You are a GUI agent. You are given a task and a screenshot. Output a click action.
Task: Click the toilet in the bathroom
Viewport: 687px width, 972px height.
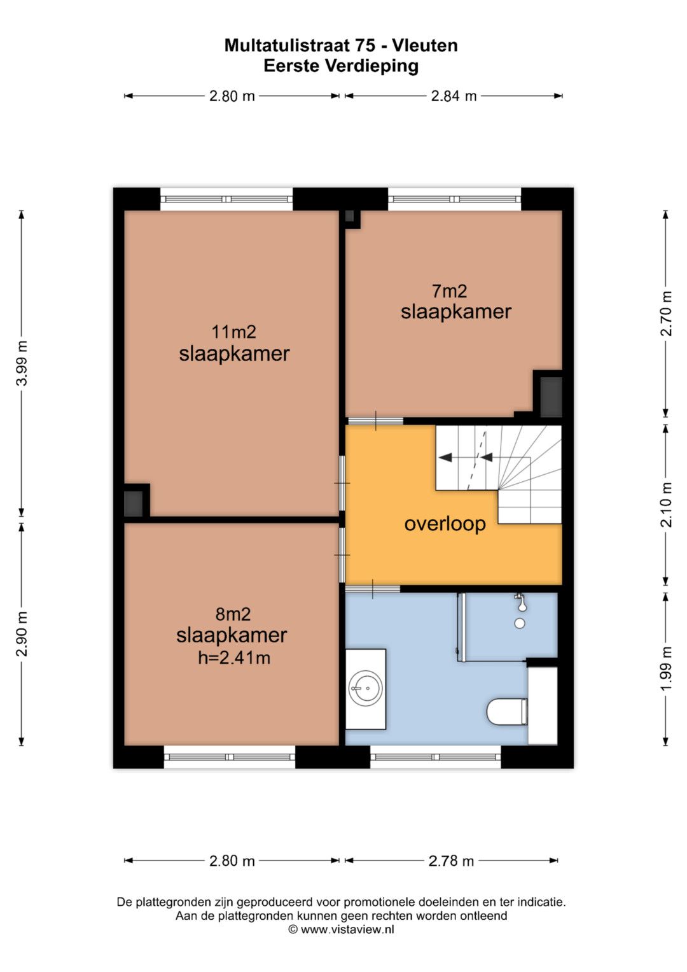[x=506, y=712]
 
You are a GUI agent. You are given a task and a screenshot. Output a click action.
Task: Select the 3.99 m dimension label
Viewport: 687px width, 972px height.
[x=22, y=363]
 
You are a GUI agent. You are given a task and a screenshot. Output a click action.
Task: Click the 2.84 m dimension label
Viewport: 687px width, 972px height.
[x=454, y=96]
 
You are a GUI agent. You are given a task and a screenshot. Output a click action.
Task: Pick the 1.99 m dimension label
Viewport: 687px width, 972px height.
[x=666, y=669]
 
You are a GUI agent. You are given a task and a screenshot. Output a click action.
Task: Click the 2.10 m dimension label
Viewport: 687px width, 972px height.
[x=666, y=505]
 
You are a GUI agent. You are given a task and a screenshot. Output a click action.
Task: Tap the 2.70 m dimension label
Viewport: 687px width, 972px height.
[x=666, y=313]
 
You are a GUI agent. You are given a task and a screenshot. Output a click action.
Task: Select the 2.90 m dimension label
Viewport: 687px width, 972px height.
[x=22, y=633]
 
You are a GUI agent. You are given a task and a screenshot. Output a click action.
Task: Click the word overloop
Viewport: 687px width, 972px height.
[x=445, y=524]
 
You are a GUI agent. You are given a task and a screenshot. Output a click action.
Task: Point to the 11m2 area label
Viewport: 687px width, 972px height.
[x=234, y=332]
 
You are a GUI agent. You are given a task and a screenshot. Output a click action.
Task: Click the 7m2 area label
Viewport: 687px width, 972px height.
[x=449, y=291]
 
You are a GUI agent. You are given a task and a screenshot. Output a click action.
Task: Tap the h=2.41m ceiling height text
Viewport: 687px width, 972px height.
[x=234, y=658]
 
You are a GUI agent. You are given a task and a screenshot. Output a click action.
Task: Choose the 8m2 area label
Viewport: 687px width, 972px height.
[x=233, y=614]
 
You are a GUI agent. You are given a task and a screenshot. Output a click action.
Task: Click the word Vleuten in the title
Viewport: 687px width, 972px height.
[x=425, y=46]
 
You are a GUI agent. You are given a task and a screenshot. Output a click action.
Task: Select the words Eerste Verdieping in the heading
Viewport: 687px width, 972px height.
[x=341, y=66]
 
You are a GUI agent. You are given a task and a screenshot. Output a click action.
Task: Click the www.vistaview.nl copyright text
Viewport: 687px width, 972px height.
[x=342, y=929]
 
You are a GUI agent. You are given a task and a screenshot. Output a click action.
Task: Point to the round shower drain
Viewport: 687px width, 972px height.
[x=520, y=624]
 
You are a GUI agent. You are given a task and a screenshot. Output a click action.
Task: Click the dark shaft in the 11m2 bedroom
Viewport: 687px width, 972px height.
[x=133, y=504]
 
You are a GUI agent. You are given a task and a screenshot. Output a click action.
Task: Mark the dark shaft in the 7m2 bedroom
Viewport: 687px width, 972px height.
[x=552, y=397]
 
